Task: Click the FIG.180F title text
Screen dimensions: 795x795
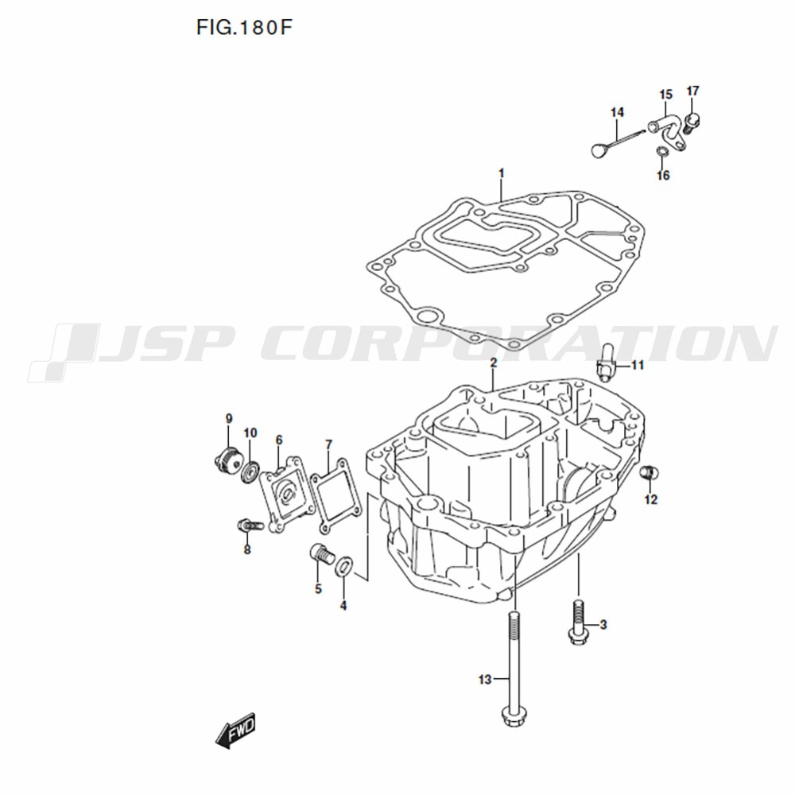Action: pos(244,28)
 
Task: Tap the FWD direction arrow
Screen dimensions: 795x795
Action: pos(236,731)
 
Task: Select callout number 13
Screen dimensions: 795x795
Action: pos(485,679)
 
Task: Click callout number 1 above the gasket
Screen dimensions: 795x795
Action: pos(502,173)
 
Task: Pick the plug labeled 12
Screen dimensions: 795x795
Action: pos(650,472)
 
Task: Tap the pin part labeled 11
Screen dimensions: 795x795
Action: pos(605,362)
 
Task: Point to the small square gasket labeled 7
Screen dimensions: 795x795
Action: pos(336,495)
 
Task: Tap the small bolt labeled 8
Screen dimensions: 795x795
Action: pos(248,525)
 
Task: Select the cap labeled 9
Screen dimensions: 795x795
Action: pos(226,459)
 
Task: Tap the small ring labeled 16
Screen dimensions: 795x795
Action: pos(662,151)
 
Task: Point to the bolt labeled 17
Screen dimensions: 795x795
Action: pos(692,123)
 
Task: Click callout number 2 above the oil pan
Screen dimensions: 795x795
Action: pos(494,363)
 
